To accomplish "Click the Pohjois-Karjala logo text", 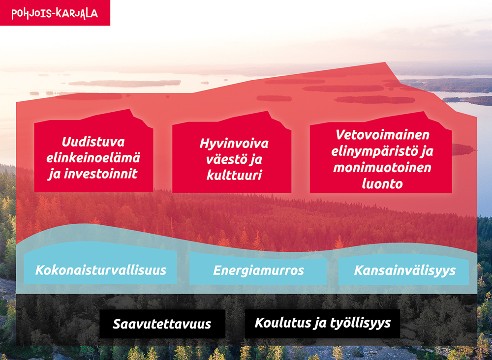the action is [55, 13].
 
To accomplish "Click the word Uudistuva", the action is [93, 142].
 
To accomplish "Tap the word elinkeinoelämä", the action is [93, 158].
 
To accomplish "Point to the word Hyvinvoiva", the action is [234, 144].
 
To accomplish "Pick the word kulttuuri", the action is [234, 175].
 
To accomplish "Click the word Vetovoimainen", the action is [382, 135].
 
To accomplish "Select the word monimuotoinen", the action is [382, 167].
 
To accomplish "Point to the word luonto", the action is [382, 184].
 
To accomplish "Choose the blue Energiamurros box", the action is [258, 269].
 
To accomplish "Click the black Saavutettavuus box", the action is [162, 324].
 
